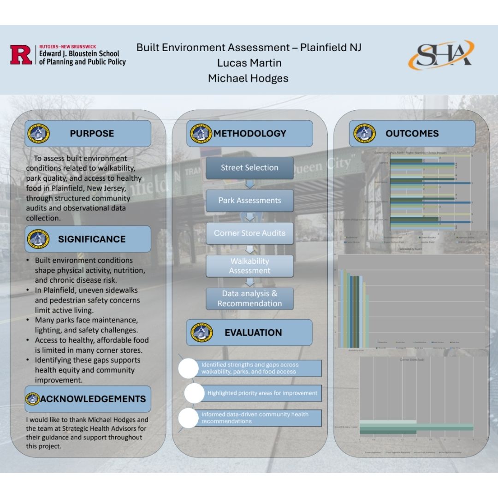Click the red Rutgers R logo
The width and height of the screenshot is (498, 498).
(x=21, y=54)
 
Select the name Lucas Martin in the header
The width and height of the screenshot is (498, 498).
(x=249, y=63)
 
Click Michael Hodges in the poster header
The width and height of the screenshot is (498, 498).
(x=248, y=78)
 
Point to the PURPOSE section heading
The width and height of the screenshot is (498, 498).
(x=92, y=134)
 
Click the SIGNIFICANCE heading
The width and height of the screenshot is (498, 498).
(x=92, y=239)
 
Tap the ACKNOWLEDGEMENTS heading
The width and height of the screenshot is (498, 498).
(x=93, y=399)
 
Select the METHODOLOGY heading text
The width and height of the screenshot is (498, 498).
(x=249, y=134)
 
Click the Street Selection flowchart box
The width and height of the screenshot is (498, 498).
(x=249, y=168)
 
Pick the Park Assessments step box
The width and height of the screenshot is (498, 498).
(x=249, y=201)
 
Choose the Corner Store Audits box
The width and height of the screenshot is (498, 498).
(x=249, y=233)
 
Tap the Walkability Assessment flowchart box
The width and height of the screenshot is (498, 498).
(x=249, y=266)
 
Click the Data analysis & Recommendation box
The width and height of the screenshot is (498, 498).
(x=249, y=298)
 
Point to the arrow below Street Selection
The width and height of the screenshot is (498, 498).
(x=249, y=184)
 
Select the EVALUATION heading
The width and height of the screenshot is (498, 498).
(x=253, y=332)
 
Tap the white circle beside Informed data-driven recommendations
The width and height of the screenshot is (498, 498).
(x=188, y=418)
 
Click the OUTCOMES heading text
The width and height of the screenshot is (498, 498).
(x=412, y=134)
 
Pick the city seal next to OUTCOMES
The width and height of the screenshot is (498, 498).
(x=364, y=134)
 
